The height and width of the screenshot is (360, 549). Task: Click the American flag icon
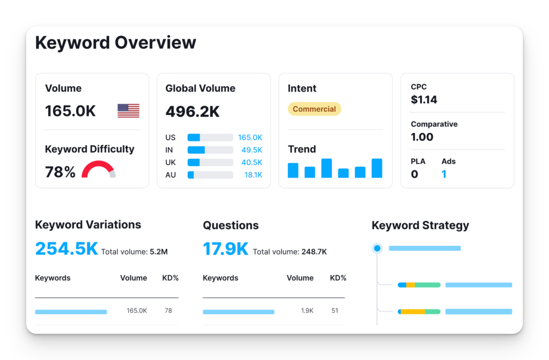129,111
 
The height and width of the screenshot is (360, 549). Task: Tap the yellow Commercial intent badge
314,109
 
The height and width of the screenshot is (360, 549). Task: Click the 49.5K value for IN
252,150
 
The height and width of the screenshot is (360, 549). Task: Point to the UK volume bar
210,163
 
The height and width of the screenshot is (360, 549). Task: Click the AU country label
170,175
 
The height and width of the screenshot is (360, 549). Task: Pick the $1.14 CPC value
424,100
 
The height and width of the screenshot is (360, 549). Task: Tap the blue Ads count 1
444,174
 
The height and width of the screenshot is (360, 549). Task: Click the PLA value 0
414,174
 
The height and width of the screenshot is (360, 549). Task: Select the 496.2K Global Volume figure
192,112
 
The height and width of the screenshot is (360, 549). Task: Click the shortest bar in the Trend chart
343,173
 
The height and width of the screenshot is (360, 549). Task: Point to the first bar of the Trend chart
293,171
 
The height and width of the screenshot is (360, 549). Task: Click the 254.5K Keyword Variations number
66,248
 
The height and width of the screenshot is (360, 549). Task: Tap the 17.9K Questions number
226,248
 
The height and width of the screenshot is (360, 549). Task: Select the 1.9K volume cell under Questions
307,311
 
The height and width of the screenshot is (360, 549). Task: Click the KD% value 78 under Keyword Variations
168,311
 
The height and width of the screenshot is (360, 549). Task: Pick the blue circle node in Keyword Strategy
377,248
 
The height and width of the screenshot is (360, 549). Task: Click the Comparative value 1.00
422,137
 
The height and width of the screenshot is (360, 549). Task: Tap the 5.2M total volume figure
159,252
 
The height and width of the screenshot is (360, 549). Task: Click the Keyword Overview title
116,43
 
